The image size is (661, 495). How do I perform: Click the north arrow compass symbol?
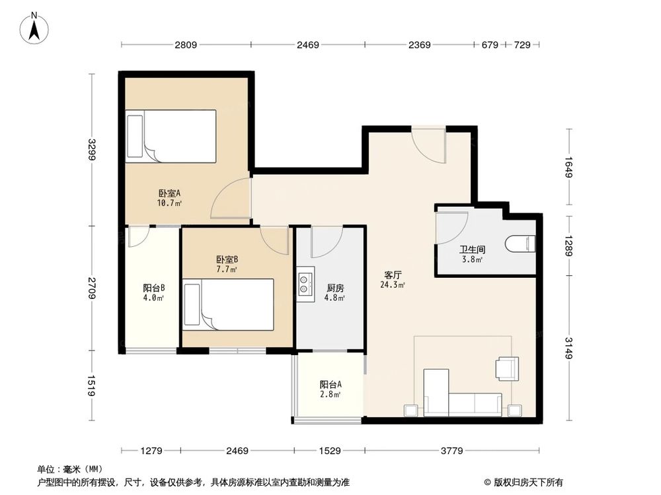click(x=34, y=28)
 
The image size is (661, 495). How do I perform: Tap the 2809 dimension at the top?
click(x=186, y=45)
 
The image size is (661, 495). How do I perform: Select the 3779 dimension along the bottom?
click(x=452, y=451)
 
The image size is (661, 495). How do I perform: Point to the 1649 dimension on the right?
click(x=568, y=167)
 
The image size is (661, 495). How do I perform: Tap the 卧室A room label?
click(x=169, y=193)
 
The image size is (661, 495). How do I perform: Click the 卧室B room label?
click(x=227, y=259)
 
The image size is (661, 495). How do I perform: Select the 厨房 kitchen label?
click(x=335, y=288)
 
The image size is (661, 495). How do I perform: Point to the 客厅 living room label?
click(x=393, y=275)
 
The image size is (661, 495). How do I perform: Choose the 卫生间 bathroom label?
click(x=472, y=250)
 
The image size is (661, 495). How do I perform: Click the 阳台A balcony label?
click(x=330, y=384)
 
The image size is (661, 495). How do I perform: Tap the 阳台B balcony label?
click(x=153, y=288)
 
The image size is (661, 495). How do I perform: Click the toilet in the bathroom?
click(x=520, y=244)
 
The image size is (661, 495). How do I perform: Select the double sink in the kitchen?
click(x=305, y=283)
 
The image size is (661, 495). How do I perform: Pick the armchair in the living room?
click(x=508, y=369)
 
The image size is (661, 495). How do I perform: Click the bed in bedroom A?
click(x=171, y=137)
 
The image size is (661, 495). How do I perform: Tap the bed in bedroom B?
click(x=229, y=304)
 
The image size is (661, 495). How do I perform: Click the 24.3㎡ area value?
click(x=393, y=285)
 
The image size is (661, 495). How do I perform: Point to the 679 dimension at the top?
click(x=490, y=45)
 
